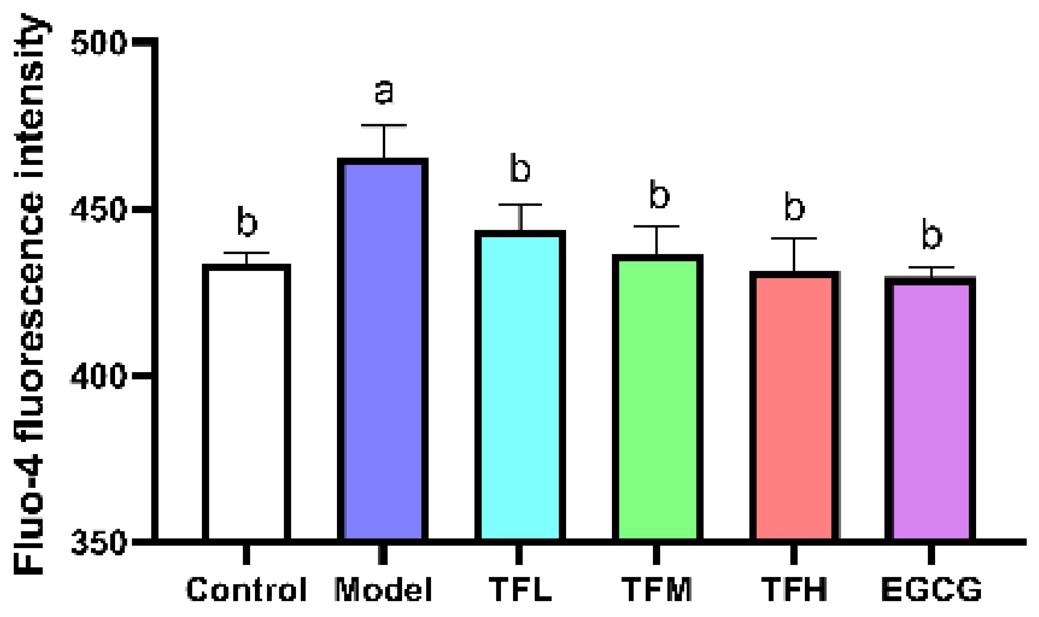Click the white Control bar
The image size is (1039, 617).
click(246, 403)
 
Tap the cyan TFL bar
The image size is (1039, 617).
click(520, 387)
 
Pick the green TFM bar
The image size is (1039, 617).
click(657, 399)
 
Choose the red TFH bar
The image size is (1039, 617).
click(794, 407)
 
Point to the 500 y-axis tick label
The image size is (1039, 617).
click(99, 42)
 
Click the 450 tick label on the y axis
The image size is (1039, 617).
click(99, 210)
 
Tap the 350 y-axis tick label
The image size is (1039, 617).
click(99, 542)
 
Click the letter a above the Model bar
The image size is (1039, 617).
click(383, 92)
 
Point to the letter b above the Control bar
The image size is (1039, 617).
click(247, 221)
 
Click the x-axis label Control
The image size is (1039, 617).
click(246, 589)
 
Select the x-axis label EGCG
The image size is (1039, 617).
click(931, 589)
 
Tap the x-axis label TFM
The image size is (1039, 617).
click(657, 589)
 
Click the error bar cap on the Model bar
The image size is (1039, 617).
click(383, 125)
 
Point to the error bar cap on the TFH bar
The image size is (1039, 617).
click(794, 238)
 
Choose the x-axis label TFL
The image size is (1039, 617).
click(520, 589)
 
